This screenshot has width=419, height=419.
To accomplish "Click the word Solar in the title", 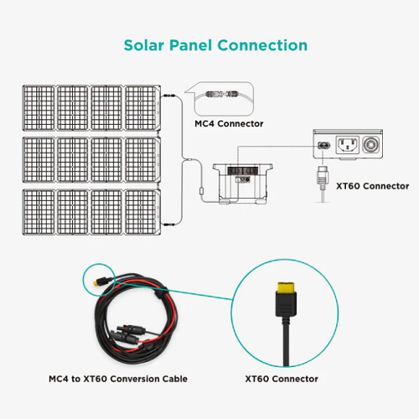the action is click(x=144, y=45).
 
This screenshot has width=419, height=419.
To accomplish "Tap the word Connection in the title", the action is click(x=262, y=45).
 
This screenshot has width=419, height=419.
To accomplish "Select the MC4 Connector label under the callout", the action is click(x=229, y=123).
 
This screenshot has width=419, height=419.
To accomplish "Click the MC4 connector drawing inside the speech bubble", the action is click(x=221, y=94).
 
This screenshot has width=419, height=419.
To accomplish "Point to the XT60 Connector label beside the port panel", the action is click(x=373, y=186).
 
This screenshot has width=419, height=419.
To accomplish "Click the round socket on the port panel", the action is click(x=371, y=145).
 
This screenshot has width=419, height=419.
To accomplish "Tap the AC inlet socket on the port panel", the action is click(x=347, y=145).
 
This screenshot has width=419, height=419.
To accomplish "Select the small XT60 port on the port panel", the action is click(x=324, y=146).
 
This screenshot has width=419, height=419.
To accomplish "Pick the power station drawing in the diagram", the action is click(x=242, y=184).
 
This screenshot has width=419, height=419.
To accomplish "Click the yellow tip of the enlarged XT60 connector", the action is click(x=286, y=287).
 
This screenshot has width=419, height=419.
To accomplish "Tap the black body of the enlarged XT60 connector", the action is click(x=286, y=304).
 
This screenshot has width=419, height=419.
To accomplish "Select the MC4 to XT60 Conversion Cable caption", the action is click(x=118, y=379).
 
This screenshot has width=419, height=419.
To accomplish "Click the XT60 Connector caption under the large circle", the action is click(x=282, y=379).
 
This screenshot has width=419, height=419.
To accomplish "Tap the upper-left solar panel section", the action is click(x=39, y=108).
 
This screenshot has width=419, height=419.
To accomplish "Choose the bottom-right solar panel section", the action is click(x=142, y=212).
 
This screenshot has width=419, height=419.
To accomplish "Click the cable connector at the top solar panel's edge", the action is click(x=168, y=96).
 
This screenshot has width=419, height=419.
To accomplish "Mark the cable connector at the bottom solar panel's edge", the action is click(x=168, y=225).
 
